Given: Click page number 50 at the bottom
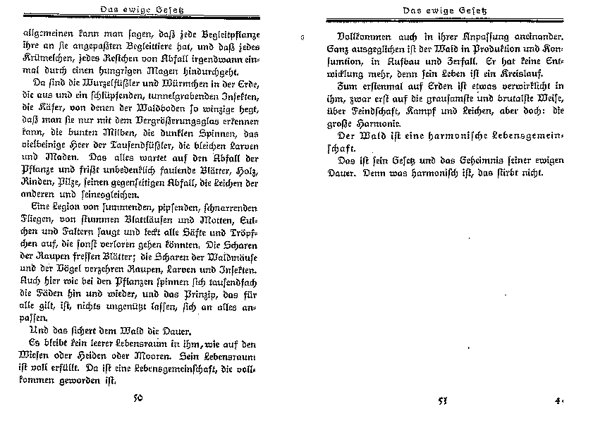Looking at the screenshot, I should tap(138, 399).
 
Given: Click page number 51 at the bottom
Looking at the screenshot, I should tap(443, 401).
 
